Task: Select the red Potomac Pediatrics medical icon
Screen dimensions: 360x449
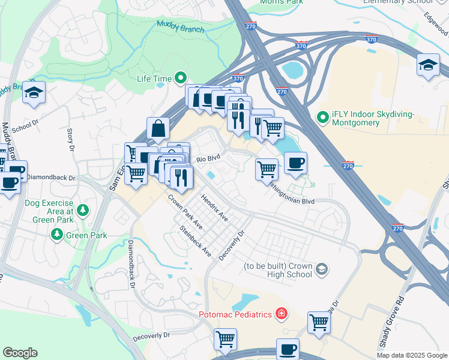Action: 280,314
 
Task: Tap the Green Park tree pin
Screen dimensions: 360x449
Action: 57,235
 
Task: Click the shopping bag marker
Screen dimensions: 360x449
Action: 158,128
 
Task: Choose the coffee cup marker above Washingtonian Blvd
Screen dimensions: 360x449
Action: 295,163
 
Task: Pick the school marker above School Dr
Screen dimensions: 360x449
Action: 34,94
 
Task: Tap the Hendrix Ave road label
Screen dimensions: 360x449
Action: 214,206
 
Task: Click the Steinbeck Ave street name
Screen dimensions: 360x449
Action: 196,241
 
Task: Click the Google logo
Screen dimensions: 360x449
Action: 20,353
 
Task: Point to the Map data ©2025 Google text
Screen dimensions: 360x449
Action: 411,355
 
